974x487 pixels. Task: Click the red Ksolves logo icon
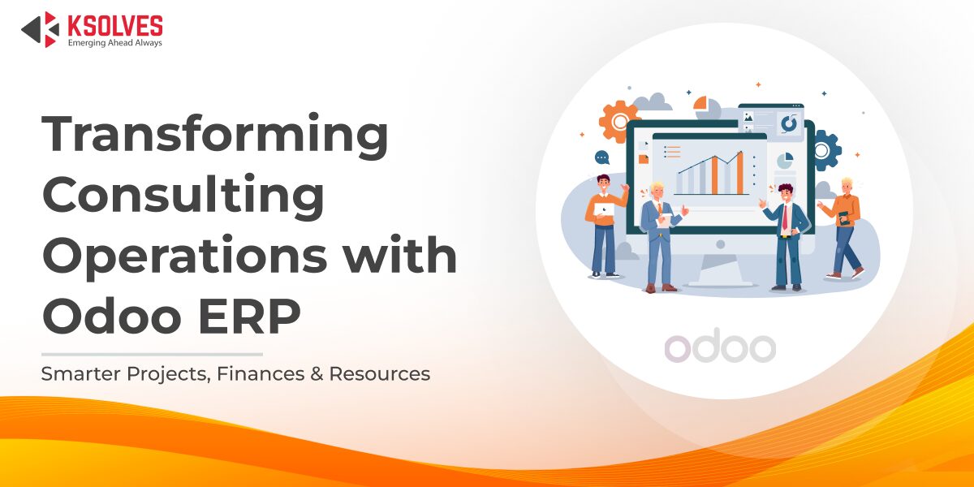point(40,29)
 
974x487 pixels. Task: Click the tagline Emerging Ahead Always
point(114,42)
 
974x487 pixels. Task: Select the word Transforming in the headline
point(215,136)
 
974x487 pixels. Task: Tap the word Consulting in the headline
point(183,196)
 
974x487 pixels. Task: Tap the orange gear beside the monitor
point(618,121)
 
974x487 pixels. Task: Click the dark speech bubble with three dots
point(601,157)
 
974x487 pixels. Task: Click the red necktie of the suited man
point(785,220)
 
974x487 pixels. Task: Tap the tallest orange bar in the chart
point(739,174)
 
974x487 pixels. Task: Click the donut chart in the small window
point(788,123)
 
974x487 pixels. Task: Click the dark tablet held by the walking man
point(843,218)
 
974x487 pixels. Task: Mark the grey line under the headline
point(152,354)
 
